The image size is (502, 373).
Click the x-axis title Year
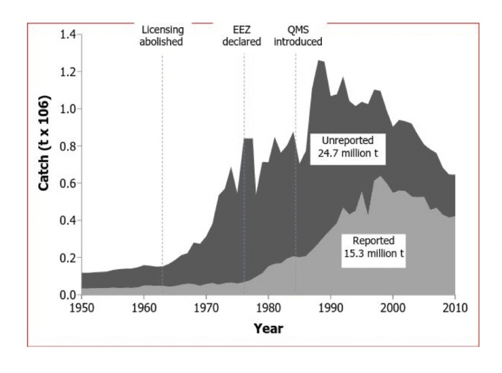click(x=268, y=329)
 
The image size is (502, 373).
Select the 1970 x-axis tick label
click(x=206, y=307)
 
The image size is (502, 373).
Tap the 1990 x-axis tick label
click(x=331, y=307)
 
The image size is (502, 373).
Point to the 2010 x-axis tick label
click(x=455, y=307)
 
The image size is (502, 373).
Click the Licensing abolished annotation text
click(x=162, y=36)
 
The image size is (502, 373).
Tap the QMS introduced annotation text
click(x=298, y=36)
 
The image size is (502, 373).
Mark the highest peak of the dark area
click(x=320, y=60)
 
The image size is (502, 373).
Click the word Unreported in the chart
click(x=347, y=142)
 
